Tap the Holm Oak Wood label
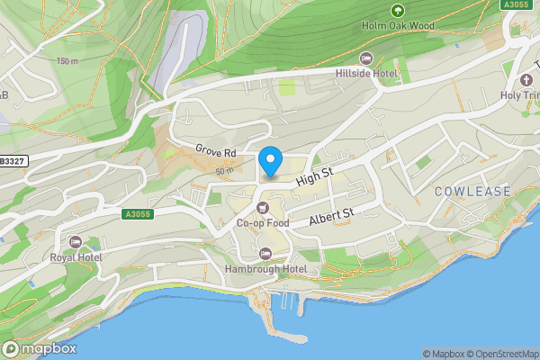pyautogui.click(x=397, y=26)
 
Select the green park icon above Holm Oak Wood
pyautogui.click(x=397, y=10)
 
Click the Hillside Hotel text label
pyautogui.click(x=366, y=72)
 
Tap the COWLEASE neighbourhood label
pyautogui.click(x=472, y=192)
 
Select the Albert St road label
pyautogui.click(x=332, y=217)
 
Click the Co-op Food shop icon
pyautogui.click(x=264, y=208)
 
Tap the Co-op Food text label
pyautogui.click(x=264, y=223)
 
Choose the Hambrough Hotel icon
pyautogui.click(x=265, y=253)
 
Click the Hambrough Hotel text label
pyautogui.click(x=265, y=269)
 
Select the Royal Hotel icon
pyautogui.click(x=76, y=242)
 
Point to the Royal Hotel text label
pyautogui.click(x=76, y=257)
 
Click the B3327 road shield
pyautogui.click(x=12, y=161)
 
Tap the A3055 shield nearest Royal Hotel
pyautogui.click(x=136, y=214)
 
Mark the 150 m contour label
pyautogui.click(x=67, y=61)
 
